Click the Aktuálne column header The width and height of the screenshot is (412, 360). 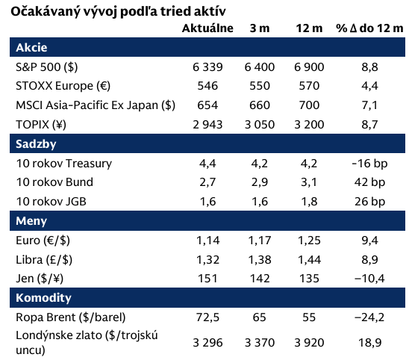click(x=207, y=28)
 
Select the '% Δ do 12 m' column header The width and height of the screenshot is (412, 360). click(x=369, y=28)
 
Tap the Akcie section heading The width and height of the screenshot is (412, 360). click(x=31, y=48)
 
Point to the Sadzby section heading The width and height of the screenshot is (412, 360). click(x=36, y=144)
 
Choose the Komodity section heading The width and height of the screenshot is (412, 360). click(x=43, y=298)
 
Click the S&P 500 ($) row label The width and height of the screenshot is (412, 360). click(x=47, y=67)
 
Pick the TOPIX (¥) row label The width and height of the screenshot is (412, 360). click(x=41, y=125)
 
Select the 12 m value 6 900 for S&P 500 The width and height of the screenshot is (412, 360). click(x=309, y=67)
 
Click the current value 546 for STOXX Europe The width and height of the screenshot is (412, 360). click(x=207, y=86)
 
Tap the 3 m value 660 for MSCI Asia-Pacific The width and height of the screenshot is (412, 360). click(x=260, y=105)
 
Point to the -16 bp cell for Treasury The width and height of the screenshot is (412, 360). click(x=369, y=164)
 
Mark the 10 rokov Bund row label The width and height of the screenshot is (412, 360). click(x=54, y=182)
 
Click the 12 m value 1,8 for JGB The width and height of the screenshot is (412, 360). click(x=309, y=202)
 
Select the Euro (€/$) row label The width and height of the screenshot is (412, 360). click(x=43, y=240)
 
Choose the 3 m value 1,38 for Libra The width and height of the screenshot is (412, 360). click(x=260, y=260)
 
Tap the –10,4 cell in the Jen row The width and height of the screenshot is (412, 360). click(x=369, y=279)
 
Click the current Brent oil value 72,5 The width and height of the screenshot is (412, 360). click(x=207, y=317)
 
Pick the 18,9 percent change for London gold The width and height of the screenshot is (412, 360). click(x=369, y=343)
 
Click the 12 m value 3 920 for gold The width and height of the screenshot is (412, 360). click(x=309, y=343)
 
